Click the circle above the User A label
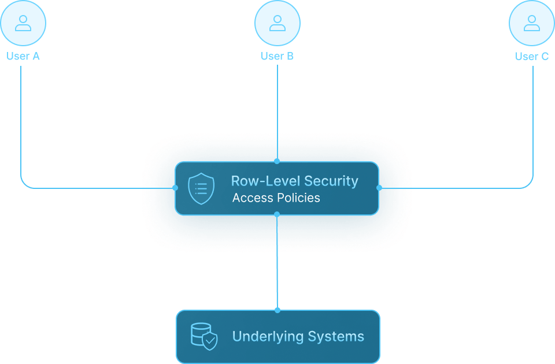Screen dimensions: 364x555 click(23, 23)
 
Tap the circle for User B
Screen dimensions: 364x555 click(277, 23)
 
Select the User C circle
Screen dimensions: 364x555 click(531, 23)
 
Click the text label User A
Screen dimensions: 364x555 click(23, 56)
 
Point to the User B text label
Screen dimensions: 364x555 click(277, 56)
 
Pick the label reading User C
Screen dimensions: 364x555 click(532, 56)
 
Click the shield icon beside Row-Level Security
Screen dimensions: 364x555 click(201, 188)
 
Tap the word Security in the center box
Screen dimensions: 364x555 click(331, 181)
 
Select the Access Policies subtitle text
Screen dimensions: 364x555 click(276, 198)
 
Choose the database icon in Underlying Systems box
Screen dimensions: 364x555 click(204, 336)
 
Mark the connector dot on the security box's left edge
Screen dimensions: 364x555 click(175, 188)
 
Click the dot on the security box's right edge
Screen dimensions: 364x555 click(379, 188)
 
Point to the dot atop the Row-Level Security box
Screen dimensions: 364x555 click(277, 161)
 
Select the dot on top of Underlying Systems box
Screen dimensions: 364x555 click(277, 310)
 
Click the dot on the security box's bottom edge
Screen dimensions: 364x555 click(277, 214)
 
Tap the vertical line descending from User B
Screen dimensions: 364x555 click(277, 110)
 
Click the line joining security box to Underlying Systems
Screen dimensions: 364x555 click(277, 263)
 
